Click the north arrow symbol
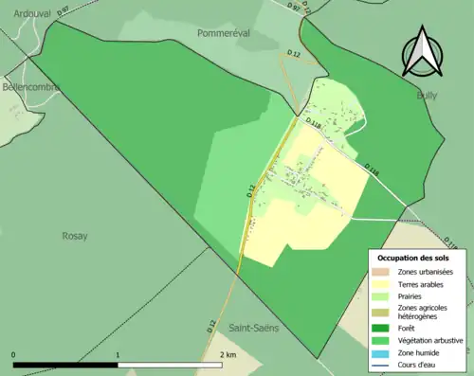coord(422,52)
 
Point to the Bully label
coord(428,96)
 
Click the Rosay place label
coord(74,236)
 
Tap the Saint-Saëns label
coord(253,328)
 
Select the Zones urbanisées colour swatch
coord(380,273)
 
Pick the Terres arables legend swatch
coord(380,284)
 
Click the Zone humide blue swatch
coord(380,352)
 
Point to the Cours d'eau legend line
coord(380,364)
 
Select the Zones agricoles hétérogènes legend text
coord(423,313)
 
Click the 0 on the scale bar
coord(13,354)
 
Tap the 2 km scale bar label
coord(227,354)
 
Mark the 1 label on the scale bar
coord(118,354)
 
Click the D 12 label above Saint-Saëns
coord(211,325)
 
